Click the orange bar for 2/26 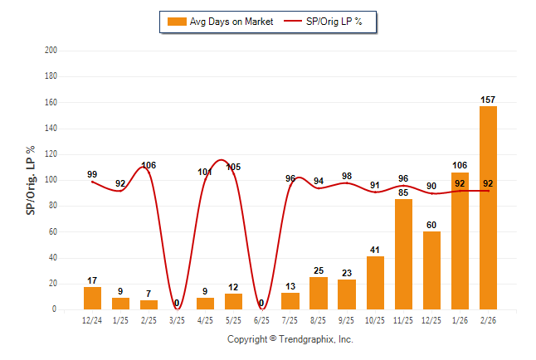pos(489,207)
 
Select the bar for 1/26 pos(460,241)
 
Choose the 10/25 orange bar pos(375,283)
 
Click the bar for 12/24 pos(92,298)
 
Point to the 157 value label pos(489,100)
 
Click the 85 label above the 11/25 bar pos(403,193)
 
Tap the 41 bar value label pos(375,250)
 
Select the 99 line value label pos(92,174)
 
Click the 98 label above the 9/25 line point pos(347,176)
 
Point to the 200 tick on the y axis pos(51,51)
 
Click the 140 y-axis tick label pos(51,129)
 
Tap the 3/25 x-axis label pos(177,320)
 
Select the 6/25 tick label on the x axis pos(261,320)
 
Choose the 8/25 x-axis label pos(318,320)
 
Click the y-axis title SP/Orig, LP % pos(31,179)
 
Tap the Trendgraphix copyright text pos(290,339)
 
